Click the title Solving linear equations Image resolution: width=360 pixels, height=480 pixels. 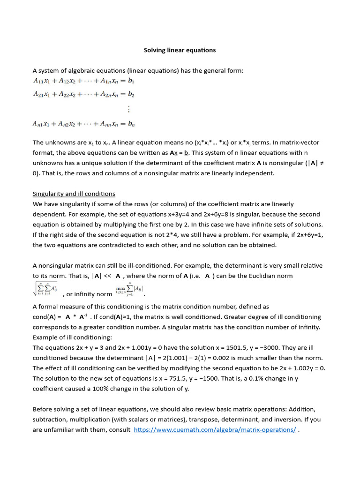pos(180,50)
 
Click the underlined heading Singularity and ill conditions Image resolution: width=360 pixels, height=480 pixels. pos(74,194)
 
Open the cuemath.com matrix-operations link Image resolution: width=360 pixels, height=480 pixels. pos(215,430)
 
